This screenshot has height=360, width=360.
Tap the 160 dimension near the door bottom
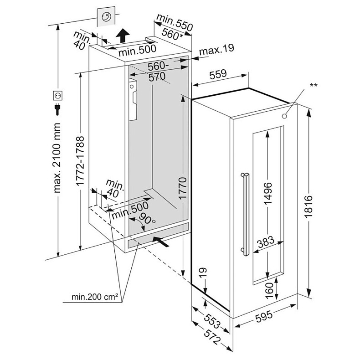coord(269,288)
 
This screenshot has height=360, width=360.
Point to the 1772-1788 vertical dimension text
coord(80,160)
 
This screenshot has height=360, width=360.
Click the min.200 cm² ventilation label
coord(95,297)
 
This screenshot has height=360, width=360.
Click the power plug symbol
coord(58,110)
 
